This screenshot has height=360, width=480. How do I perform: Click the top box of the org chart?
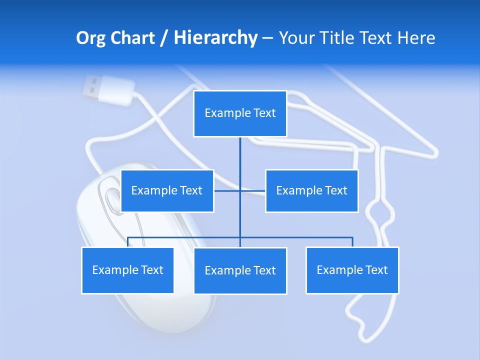click(240, 113)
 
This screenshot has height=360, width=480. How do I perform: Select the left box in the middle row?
click(167, 190)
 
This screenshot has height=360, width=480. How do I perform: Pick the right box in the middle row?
click(311, 190)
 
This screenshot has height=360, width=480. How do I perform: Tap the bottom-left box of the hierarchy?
click(127, 270)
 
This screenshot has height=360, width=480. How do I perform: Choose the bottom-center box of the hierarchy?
click(240, 270)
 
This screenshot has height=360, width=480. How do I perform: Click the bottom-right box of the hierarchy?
click(352, 270)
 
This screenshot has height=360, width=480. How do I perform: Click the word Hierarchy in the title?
click(215, 38)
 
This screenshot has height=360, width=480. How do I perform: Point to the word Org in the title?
click(90, 38)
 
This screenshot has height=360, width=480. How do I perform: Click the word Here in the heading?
click(416, 38)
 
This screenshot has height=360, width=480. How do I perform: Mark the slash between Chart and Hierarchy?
click(164, 38)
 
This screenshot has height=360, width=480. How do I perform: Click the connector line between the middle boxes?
click(240, 190)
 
